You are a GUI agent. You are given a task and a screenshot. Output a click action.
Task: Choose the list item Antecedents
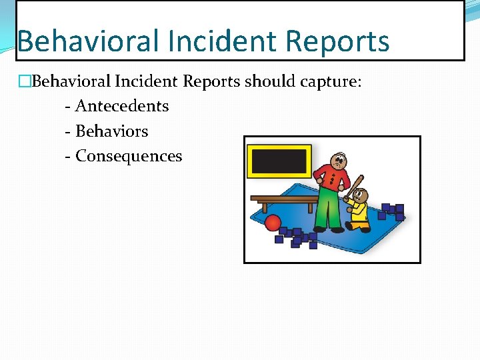click(122, 106)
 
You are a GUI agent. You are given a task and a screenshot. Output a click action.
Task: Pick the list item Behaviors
click(111, 131)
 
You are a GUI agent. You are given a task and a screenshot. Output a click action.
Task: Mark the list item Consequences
click(128, 156)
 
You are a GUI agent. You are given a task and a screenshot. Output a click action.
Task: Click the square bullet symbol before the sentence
click(24, 82)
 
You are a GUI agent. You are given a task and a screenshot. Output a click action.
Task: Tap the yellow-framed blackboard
click(279, 161)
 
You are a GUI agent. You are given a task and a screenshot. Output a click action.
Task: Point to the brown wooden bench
click(283, 199)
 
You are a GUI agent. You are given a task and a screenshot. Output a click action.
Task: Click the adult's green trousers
click(331, 210)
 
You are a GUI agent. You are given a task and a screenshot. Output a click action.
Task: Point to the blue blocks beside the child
click(392, 211)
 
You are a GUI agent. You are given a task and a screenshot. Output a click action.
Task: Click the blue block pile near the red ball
click(297, 237)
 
